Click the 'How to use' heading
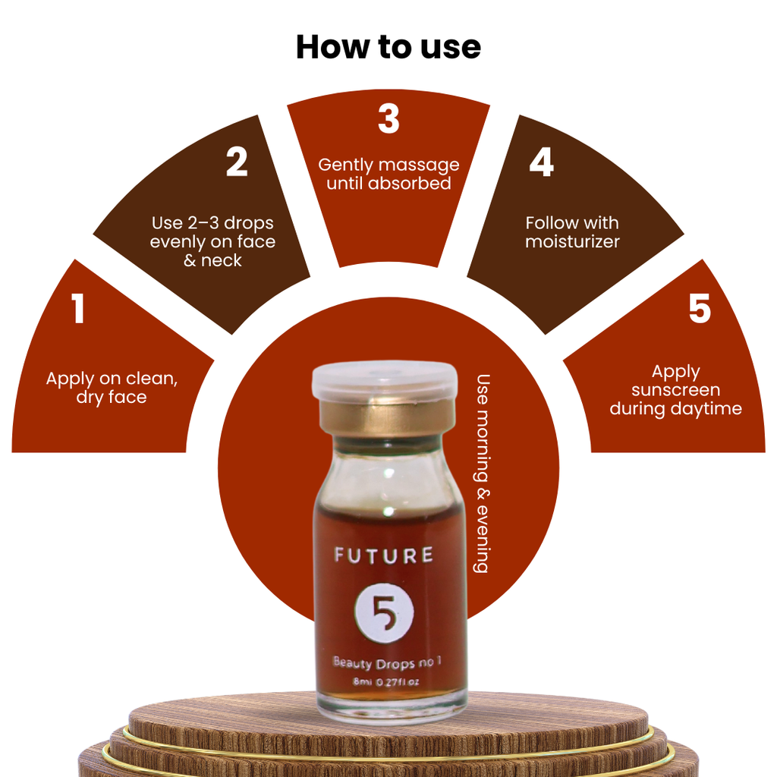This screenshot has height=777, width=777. pyautogui.click(x=388, y=47)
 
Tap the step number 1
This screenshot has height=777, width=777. pyautogui.click(x=78, y=308)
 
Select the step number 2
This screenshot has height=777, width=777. pyautogui.click(x=237, y=162)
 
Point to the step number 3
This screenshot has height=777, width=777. pyautogui.click(x=388, y=118)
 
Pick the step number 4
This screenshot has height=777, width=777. pyautogui.click(x=541, y=162)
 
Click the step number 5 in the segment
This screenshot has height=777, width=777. pyautogui.click(x=700, y=308)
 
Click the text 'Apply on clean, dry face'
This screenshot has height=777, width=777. pyautogui.click(x=112, y=388)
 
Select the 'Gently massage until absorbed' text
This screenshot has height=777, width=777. pyautogui.click(x=388, y=174)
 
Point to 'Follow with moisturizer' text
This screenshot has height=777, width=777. pyautogui.click(x=572, y=232)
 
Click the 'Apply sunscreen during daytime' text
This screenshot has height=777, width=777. pyautogui.click(x=676, y=390)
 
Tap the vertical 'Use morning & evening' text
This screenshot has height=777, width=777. pyautogui.click(x=483, y=473)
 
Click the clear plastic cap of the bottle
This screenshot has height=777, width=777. pyautogui.click(x=385, y=380)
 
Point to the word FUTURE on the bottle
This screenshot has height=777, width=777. pyautogui.click(x=384, y=555)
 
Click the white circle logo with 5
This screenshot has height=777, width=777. pyautogui.click(x=384, y=613)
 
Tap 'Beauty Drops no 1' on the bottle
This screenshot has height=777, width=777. pyautogui.click(x=387, y=662)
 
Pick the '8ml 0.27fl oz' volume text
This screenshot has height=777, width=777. pyautogui.click(x=386, y=682)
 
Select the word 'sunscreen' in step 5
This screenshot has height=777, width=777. pyautogui.click(x=676, y=390)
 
